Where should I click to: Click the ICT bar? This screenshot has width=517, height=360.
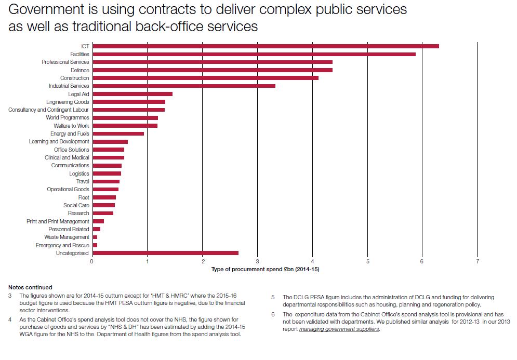[265, 46]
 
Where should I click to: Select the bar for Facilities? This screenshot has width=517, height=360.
[254, 54]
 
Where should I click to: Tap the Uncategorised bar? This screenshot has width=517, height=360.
[165, 253]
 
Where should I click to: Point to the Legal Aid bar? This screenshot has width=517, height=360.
[132, 94]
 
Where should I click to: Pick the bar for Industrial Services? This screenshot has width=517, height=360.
[183, 86]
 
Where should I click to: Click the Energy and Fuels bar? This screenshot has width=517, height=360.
[118, 134]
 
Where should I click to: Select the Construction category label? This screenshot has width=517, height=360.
[75, 78]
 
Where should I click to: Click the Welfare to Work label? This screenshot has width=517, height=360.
[71, 126]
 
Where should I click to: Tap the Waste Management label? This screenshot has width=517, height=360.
[67, 237]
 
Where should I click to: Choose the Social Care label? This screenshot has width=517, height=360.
[76, 205]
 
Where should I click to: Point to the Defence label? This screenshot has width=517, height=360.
[80, 70]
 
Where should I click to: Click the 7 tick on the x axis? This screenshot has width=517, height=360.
[477, 261]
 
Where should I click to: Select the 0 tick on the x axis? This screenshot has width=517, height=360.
[92, 261]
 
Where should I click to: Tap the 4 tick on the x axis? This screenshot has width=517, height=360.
[312, 261]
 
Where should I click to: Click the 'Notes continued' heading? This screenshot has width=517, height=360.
[30, 287]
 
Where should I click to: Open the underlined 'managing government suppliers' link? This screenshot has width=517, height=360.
[339, 329]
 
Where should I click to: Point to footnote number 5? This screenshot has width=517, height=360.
[272, 298]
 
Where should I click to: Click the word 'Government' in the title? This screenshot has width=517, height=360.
[43, 10]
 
